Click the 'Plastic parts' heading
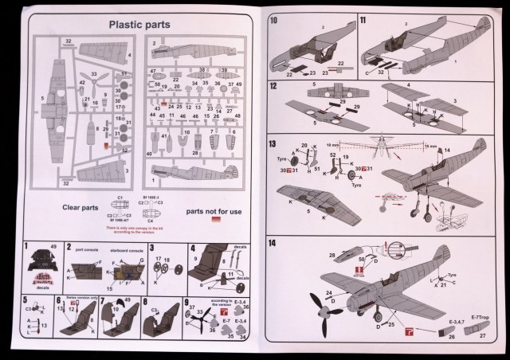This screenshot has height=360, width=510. point(140,25)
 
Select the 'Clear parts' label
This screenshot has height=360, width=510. point(80,207)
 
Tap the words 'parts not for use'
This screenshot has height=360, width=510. point(212,212)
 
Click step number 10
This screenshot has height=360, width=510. point(273,20)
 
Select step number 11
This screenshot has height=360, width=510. point(363,20)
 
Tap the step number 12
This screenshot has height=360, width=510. point(273,85)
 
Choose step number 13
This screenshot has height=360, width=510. point(273,144)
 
